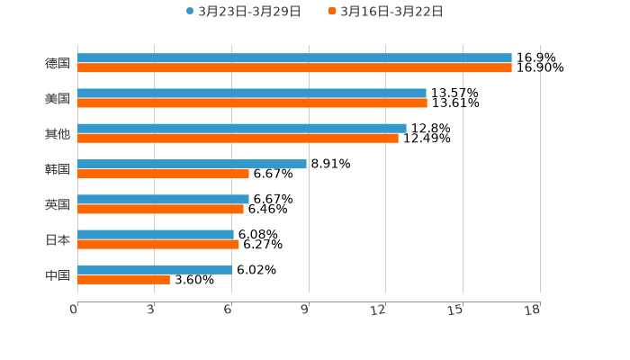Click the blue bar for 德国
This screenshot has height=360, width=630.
click(x=294, y=58)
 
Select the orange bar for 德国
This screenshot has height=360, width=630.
click(x=294, y=67)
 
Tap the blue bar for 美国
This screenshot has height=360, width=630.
click(x=252, y=93)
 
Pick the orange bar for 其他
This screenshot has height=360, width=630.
click(x=238, y=138)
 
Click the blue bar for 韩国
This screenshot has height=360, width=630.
click(x=192, y=164)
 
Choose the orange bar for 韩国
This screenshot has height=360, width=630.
click(x=163, y=174)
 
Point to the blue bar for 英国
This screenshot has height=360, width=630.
click(x=163, y=199)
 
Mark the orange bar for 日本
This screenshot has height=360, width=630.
click(x=158, y=244)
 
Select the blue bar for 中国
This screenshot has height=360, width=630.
click(x=154, y=269)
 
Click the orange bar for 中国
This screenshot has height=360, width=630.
click(x=123, y=279)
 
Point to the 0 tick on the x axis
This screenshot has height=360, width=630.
click(x=74, y=310)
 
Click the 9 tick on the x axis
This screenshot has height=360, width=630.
click(x=305, y=310)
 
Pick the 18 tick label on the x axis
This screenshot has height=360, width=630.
click(x=533, y=310)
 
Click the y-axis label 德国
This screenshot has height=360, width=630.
click(x=58, y=63)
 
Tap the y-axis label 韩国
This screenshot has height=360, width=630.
click(x=58, y=169)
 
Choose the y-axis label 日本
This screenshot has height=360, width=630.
click(x=58, y=239)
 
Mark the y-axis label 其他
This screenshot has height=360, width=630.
click(x=58, y=133)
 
